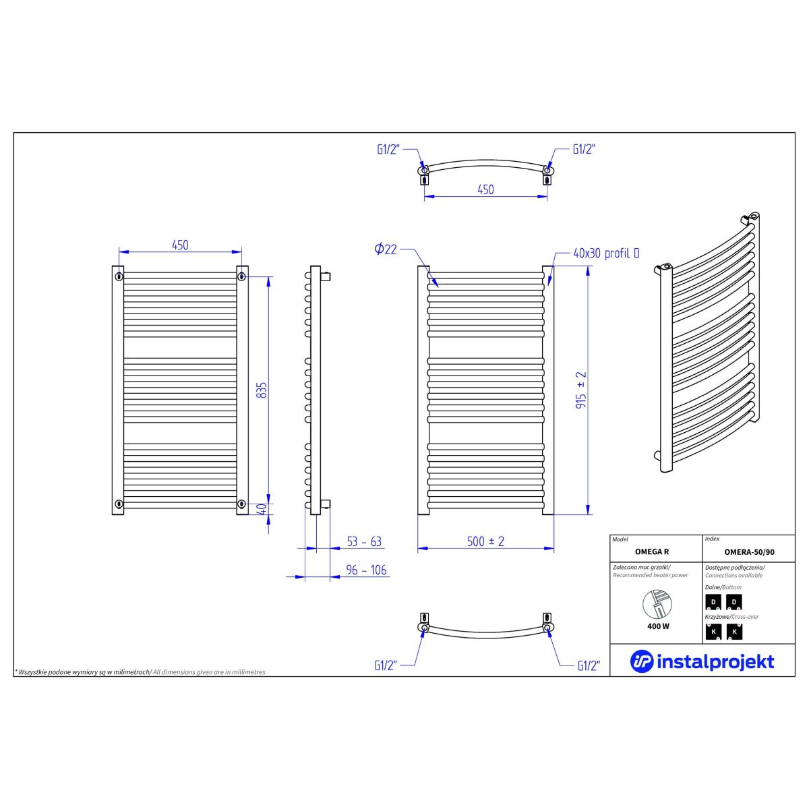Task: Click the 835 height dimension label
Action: (262, 390)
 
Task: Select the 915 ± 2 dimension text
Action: (581, 390)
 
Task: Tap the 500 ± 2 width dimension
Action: (485, 541)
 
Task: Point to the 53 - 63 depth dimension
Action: (364, 541)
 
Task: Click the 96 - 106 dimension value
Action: (366, 570)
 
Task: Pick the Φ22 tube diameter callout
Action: (386, 249)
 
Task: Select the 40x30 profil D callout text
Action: (606, 253)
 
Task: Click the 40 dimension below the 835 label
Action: (262, 509)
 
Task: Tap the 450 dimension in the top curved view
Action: (485, 189)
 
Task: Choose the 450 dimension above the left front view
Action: (180, 245)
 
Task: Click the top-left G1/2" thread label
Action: (388, 150)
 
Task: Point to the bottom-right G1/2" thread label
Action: (589, 666)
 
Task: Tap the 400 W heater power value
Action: (658, 626)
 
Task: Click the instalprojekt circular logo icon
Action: (641, 661)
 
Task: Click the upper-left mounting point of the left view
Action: (119, 276)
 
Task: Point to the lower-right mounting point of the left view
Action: (241, 504)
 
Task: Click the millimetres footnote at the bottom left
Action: (140, 672)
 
